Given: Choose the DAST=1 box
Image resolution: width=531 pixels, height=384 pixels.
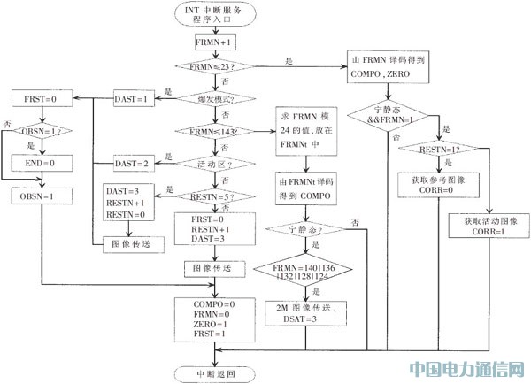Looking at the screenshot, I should click(135, 98).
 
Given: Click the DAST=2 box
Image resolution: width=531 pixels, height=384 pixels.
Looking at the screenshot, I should click(135, 164).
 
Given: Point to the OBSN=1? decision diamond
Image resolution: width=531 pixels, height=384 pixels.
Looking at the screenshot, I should click(36, 131).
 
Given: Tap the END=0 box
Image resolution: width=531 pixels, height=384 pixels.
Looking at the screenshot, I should click(36, 164).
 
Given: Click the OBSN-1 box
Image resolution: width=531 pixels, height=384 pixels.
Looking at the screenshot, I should click(36, 196).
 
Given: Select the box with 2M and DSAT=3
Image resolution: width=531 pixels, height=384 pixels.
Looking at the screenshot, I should click(303, 311).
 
